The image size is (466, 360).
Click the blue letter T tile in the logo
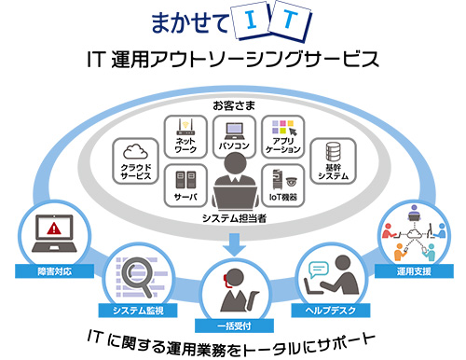[291, 21]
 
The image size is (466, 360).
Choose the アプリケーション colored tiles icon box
[282, 137]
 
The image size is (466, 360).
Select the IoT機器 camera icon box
[282, 186]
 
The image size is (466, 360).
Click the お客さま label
[232, 101]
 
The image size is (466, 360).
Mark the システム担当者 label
[233, 218]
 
